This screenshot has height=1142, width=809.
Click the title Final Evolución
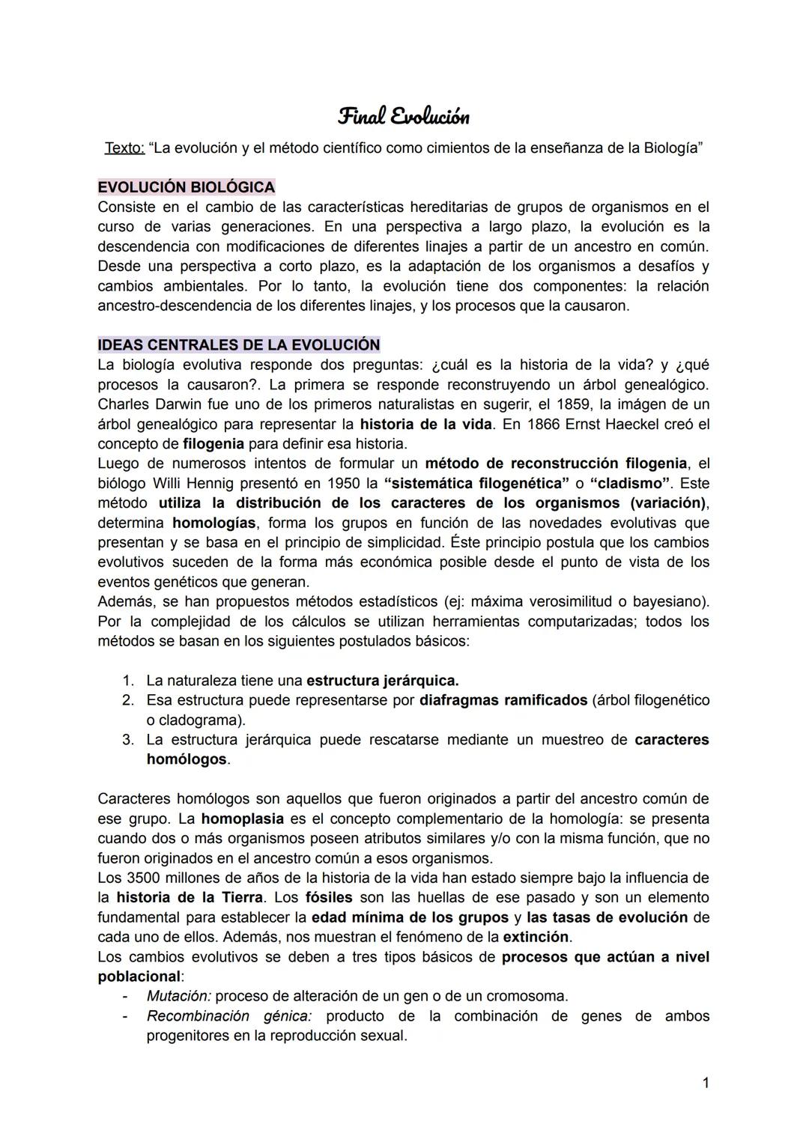pyautogui.click(x=404, y=117)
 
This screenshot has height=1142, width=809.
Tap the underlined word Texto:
pyautogui.click(x=124, y=148)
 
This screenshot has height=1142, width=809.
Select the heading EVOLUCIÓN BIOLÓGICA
pyautogui.click(x=187, y=186)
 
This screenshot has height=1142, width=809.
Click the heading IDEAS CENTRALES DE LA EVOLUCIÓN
pyautogui.click(x=239, y=345)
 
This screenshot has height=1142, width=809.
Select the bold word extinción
pyautogui.click(x=536, y=937)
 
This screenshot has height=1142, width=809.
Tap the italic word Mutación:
pyautogui.click(x=179, y=997)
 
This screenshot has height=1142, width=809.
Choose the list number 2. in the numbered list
pyautogui.click(x=127, y=701)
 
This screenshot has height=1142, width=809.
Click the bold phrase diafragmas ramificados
pyautogui.click(x=503, y=701)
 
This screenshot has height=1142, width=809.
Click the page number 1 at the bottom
pyautogui.click(x=705, y=1082)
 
